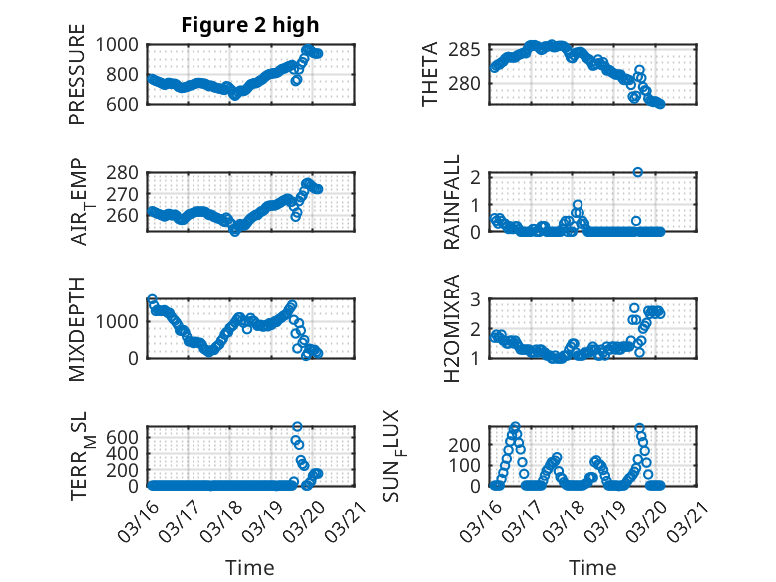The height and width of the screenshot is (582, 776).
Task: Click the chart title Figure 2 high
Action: [250, 25]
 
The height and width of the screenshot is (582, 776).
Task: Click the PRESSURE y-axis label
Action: [78, 81]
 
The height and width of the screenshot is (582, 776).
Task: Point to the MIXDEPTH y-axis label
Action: [78, 328]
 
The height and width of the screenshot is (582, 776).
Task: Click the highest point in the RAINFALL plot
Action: [637, 172]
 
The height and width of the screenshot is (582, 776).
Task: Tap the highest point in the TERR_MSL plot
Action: [297, 426]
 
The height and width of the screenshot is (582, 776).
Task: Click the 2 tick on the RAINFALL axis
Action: [477, 177]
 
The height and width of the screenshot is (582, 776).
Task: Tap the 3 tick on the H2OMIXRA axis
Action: [477, 299]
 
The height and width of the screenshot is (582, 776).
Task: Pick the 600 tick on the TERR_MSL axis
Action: [129, 436]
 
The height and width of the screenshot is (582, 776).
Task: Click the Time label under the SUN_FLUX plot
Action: [592, 567]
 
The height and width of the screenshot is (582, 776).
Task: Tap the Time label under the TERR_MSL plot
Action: [250, 567]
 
